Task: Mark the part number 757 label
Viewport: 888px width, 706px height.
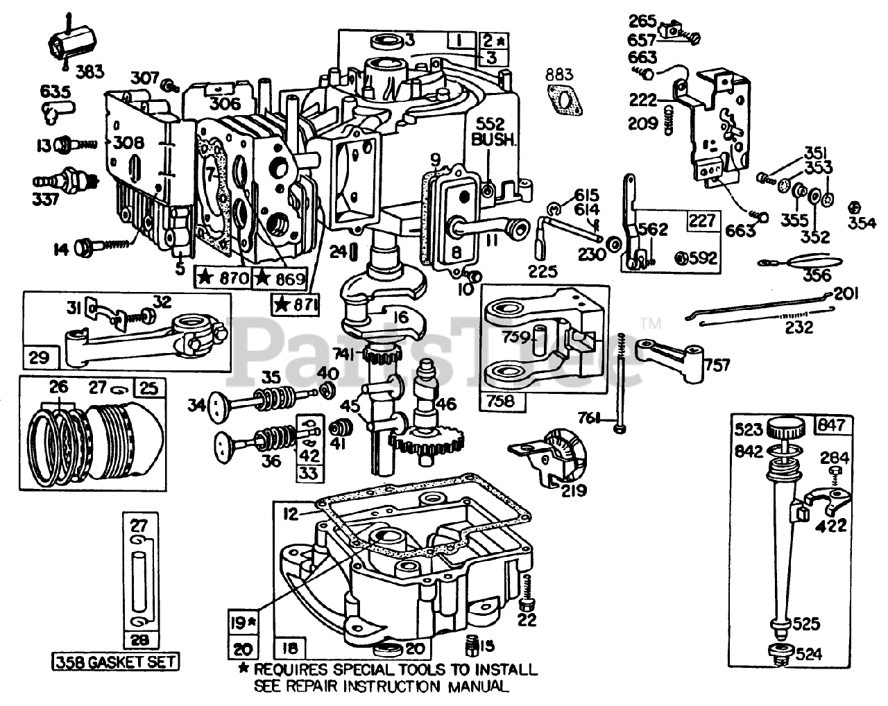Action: (720, 363)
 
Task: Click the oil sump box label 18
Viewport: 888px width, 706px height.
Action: (290, 649)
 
